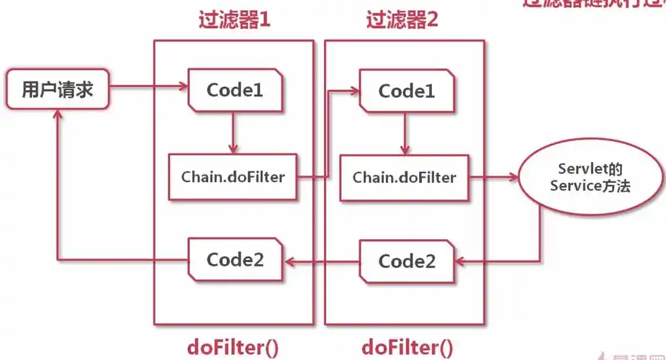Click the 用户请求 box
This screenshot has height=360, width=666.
coord(57,90)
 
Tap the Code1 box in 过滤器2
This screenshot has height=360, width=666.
coord(407,91)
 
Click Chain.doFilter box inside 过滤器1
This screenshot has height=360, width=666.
coord(232,176)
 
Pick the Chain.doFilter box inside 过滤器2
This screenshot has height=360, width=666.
coord(404,176)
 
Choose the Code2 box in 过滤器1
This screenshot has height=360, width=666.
coord(234,259)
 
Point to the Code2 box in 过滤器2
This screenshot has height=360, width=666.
coord(407,261)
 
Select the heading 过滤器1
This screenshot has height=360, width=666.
coord(234,19)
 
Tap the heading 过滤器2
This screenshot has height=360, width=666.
coord(402,19)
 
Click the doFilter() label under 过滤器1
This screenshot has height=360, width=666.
coord(233,347)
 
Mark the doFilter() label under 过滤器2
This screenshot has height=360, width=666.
coord(407,347)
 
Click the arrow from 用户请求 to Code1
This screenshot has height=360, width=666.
coord(148,89)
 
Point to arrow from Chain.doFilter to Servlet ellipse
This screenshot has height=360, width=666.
coord(493,176)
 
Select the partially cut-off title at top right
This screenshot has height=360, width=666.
coord(594,4)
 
